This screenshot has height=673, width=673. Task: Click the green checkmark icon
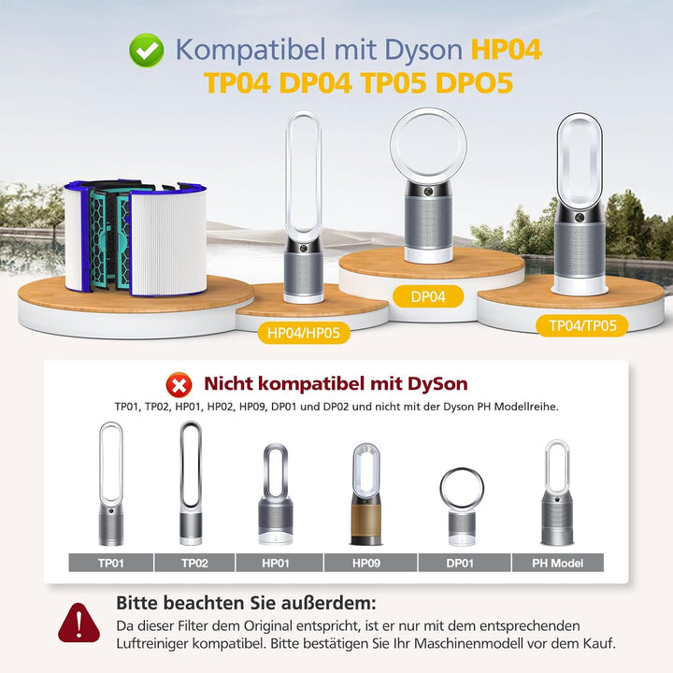click(145, 50)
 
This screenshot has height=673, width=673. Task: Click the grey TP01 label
click(110, 563)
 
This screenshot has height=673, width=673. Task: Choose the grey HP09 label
click(367, 563)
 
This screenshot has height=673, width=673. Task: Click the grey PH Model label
click(557, 563)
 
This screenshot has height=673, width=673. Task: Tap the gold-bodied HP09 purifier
click(367, 494)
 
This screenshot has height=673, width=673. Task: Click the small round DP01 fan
click(462, 506)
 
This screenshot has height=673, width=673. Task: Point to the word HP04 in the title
click(506, 50)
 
